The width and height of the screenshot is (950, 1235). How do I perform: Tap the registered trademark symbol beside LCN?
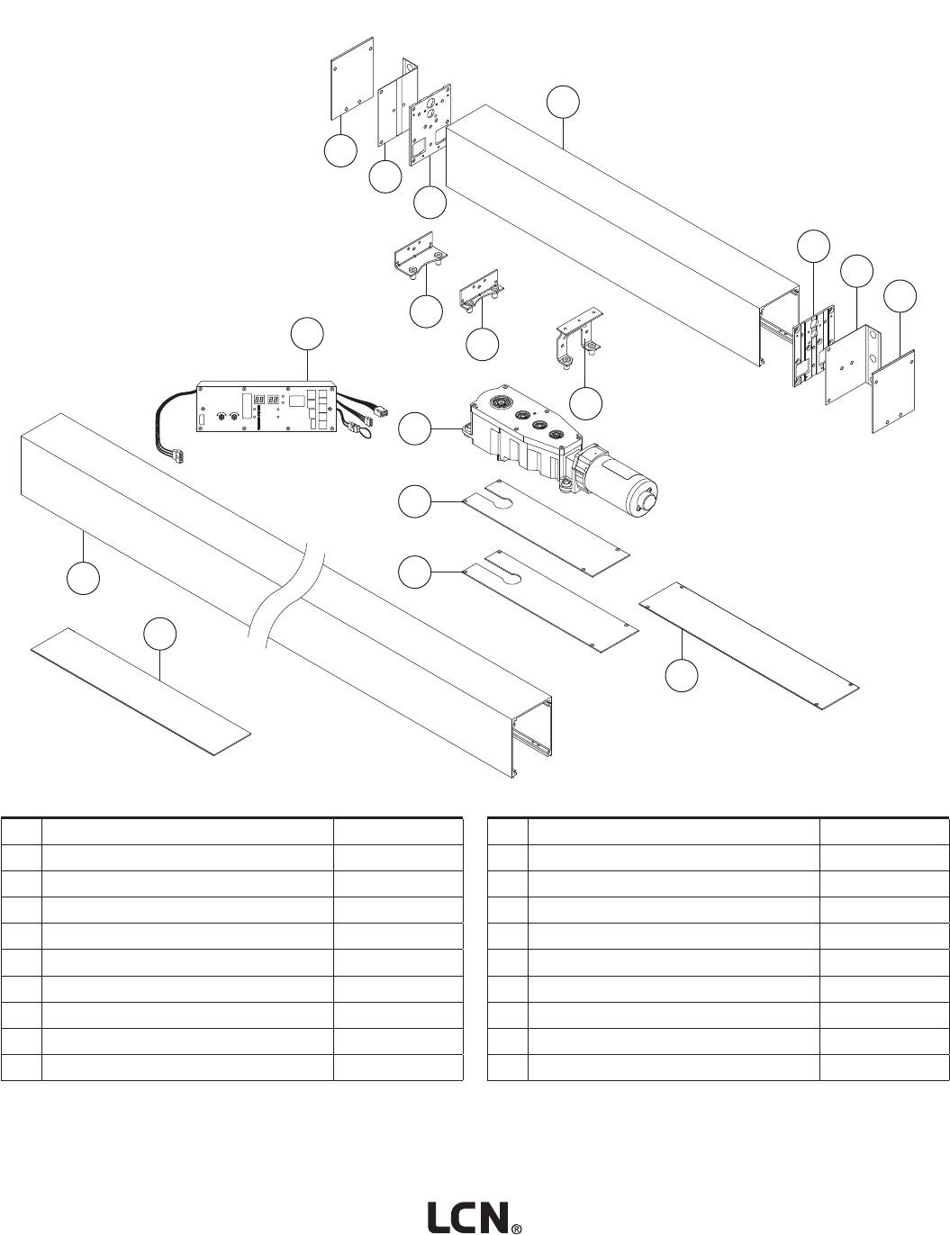click(x=517, y=1227)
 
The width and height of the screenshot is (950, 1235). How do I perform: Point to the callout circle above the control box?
click(x=307, y=334)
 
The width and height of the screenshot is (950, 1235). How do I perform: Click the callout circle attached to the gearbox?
click(x=415, y=430)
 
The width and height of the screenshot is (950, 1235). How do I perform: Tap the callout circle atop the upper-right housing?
click(x=564, y=103)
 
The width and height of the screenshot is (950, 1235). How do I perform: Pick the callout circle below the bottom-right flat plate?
click(x=683, y=676)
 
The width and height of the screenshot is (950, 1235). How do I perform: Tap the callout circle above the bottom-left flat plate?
click(x=159, y=634)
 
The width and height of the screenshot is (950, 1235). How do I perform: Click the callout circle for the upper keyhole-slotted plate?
click(x=415, y=501)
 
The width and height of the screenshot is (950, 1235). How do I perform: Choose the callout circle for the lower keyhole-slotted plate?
click(x=415, y=572)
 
